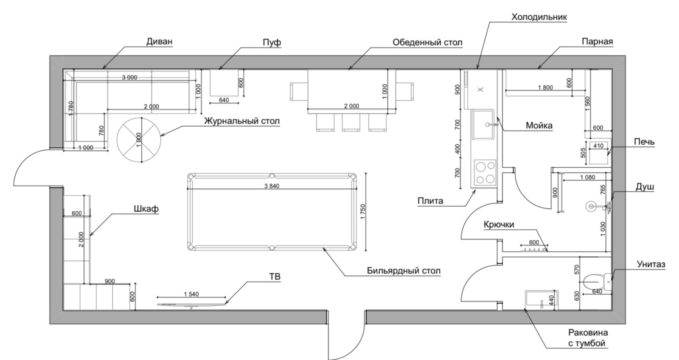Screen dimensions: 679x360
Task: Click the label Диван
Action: point(160,41)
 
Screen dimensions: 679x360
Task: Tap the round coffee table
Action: point(139,140)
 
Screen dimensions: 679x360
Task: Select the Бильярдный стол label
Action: point(404,270)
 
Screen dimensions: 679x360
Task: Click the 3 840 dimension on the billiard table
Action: point(272,186)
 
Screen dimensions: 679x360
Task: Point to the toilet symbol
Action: point(597,282)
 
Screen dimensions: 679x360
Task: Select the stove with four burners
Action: point(485,172)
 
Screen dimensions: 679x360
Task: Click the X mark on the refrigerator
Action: point(480,90)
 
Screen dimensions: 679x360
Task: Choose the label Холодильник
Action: point(539,17)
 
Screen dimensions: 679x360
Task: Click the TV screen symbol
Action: point(191,304)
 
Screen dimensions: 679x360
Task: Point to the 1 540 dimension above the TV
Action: point(191,294)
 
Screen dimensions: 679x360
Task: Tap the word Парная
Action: point(597,42)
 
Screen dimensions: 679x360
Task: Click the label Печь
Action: point(644,142)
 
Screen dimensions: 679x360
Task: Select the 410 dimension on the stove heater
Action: point(598,146)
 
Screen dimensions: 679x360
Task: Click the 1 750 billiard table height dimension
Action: point(363,212)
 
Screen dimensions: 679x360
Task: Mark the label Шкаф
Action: point(146,209)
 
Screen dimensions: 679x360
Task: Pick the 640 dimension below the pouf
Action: point(224,100)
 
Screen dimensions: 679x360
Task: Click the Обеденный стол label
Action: point(427,42)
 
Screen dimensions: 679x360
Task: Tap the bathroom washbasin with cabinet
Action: point(542,300)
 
